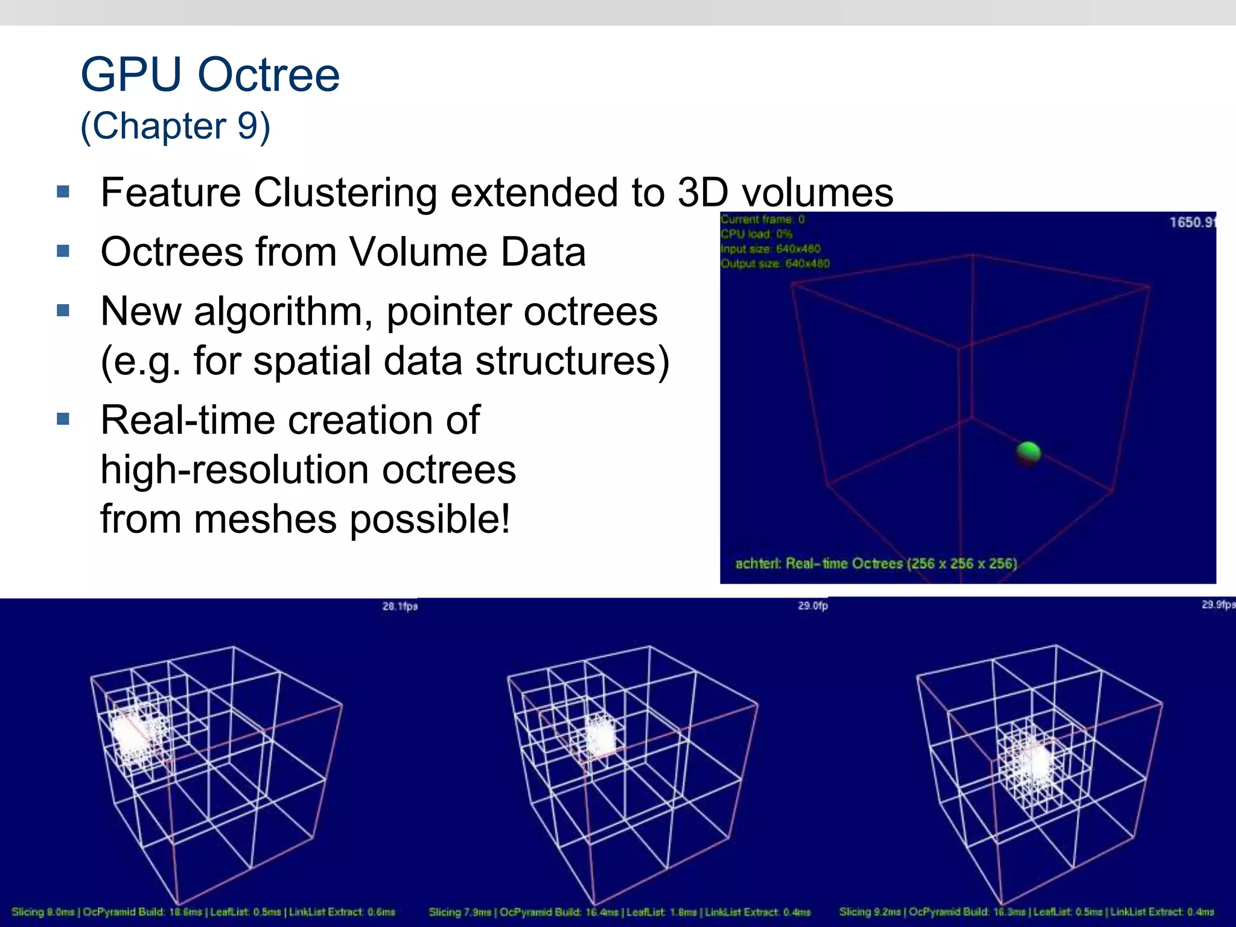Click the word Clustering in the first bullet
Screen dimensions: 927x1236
coord(345,193)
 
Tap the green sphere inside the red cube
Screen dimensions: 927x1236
coord(1028,452)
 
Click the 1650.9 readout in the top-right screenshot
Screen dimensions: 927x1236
coord(1192,222)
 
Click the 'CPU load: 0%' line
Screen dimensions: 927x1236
coord(757,234)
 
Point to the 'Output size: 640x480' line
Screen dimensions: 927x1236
coord(776,264)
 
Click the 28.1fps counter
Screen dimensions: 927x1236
coord(400,606)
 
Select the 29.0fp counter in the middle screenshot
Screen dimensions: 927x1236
coord(812,605)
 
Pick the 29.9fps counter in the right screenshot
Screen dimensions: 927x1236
coord(1218,605)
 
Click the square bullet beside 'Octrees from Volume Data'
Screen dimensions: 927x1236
coord(63,250)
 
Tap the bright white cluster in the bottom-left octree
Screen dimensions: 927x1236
coord(130,733)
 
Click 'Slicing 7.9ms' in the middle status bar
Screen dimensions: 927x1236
coord(460,912)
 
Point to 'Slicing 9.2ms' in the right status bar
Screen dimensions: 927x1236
coord(870,912)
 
